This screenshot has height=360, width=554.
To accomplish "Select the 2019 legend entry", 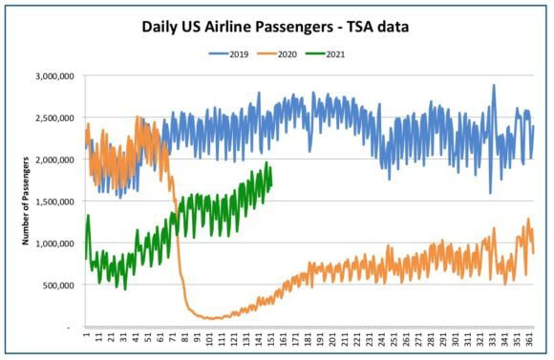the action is [x=228, y=54].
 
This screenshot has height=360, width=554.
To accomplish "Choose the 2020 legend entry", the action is [x=277, y=54].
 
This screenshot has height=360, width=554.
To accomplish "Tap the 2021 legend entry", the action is [x=325, y=54].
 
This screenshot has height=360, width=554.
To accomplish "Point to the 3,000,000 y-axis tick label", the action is [x=54, y=76].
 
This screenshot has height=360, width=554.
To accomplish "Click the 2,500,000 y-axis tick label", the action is [x=54, y=118].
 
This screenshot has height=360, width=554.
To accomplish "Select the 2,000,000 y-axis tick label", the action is [x=54, y=159].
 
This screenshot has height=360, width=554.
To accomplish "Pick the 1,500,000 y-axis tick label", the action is [x=54, y=201].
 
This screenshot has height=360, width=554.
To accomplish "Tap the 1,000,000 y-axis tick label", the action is [x=54, y=244].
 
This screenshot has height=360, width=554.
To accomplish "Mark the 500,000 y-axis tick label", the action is [x=58, y=286].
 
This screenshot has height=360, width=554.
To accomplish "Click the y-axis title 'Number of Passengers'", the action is [x=26, y=201].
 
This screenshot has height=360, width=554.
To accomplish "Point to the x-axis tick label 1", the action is [x=86, y=334].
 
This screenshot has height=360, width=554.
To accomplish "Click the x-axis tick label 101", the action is [x=210, y=338].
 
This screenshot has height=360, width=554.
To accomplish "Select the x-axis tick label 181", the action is [x=309, y=338].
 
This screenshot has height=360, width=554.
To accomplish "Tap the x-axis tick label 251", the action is [x=394, y=338].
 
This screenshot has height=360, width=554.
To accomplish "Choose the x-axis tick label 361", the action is [x=530, y=338].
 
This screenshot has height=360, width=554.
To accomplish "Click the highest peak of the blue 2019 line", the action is [x=494, y=85].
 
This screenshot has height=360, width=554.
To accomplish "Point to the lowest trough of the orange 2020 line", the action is [x=211, y=319].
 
